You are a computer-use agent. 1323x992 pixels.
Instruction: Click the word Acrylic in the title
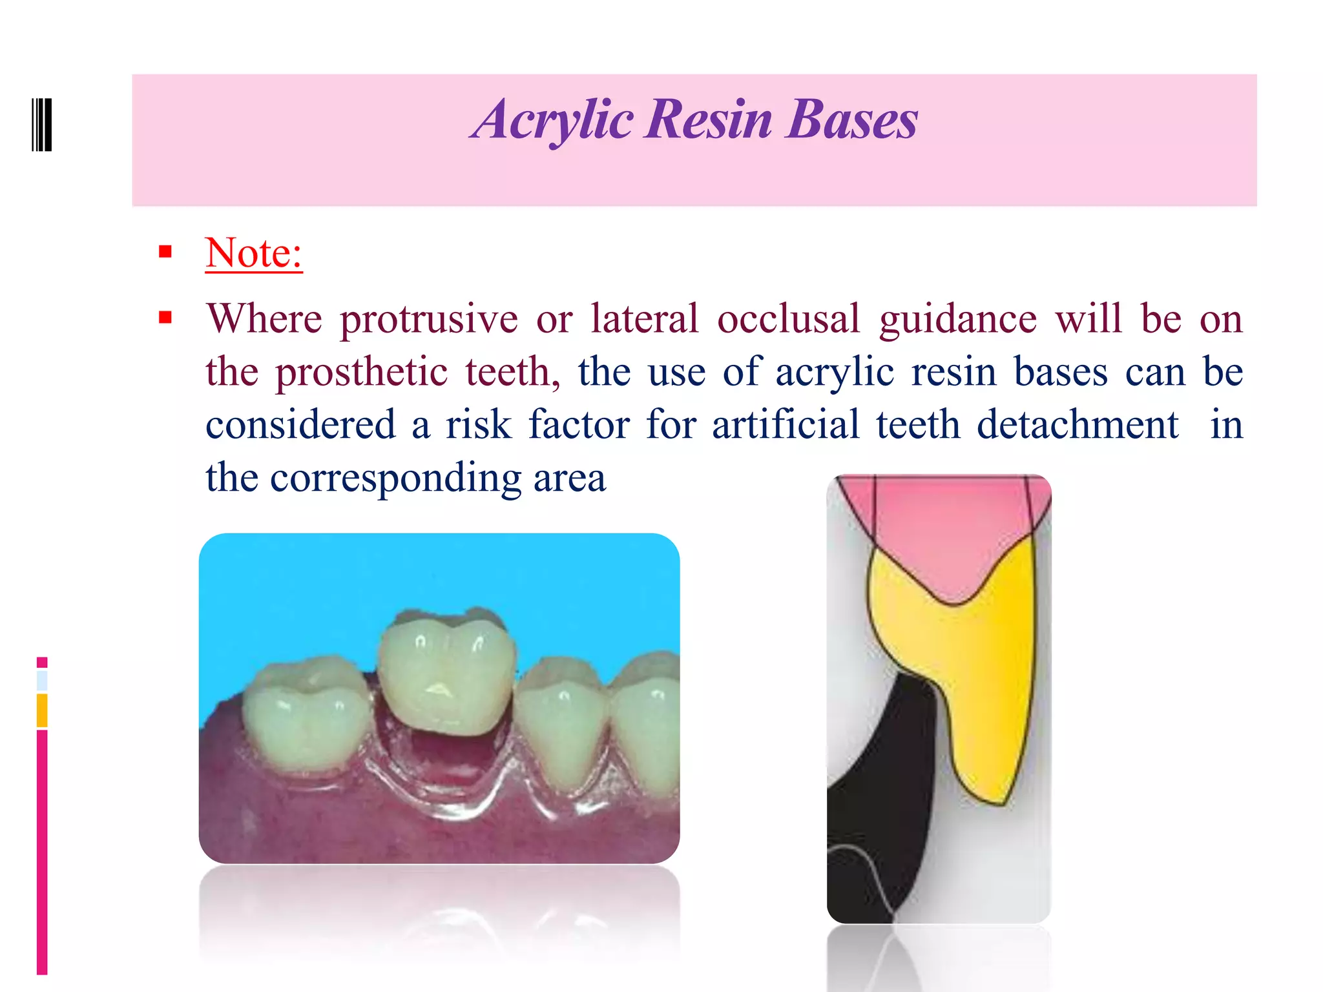552,121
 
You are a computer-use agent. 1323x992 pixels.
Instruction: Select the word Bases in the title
851,121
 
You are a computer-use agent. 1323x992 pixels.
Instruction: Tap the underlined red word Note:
254,253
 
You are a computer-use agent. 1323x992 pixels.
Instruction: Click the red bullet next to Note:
165,252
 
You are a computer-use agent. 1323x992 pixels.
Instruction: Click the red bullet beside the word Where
165,318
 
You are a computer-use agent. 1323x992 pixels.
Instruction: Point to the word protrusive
429,320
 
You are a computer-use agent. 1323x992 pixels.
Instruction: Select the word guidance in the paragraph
958,320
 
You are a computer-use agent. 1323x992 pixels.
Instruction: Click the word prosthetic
361,373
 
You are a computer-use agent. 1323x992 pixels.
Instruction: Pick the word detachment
1078,426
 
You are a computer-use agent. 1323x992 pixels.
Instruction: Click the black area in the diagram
885,807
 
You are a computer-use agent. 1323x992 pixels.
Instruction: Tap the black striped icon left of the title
42,125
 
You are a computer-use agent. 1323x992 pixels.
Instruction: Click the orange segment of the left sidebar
42,710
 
